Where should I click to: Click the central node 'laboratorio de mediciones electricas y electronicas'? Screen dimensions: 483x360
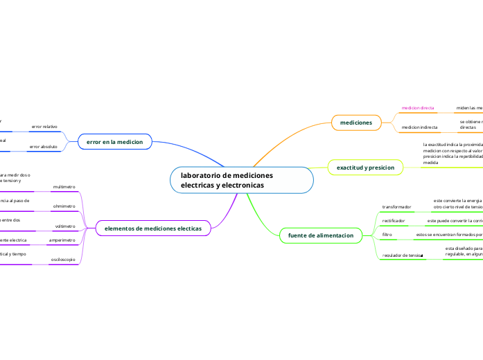pyautogui.click(x=241, y=180)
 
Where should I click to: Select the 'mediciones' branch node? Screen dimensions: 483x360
pyautogui.click(x=356, y=123)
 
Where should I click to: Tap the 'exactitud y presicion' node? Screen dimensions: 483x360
pyautogui.click(x=365, y=168)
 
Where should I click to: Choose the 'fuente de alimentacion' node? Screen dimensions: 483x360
pyautogui.click(x=321, y=236)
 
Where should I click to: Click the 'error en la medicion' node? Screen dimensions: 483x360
pyautogui.click(x=114, y=141)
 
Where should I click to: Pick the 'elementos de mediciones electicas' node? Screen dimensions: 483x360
pyautogui.click(x=152, y=228)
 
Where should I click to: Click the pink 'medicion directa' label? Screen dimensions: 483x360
pyautogui.click(x=418, y=108)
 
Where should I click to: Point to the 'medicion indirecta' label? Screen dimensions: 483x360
pyautogui.click(x=419, y=127)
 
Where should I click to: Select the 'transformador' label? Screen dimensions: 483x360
pyautogui.click(x=397, y=206)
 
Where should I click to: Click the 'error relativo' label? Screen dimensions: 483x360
pyautogui.click(x=44, y=127)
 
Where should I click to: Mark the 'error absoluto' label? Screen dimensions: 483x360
pyautogui.click(x=44, y=147)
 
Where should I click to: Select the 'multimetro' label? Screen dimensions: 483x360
pyautogui.click(x=64, y=187)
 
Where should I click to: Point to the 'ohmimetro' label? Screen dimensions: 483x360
pyautogui.click(x=64, y=206)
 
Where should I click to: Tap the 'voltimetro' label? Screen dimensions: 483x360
pyautogui.click(x=65, y=226)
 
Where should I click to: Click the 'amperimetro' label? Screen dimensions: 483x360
pyautogui.click(x=62, y=240)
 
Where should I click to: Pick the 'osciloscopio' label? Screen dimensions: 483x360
pyautogui.click(x=63, y=260)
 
